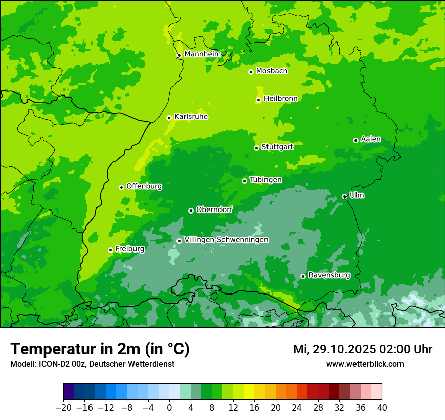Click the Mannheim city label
[x=202, y=54]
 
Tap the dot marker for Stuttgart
[x=257, y=148]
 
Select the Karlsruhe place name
[x=191, y=117]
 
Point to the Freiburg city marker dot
[x=110, y=250]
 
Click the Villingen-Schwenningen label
[x=226, y=240]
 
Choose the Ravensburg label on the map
[x=329, y=275]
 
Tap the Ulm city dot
[x=344, y=196]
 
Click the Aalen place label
[x=371, y=139]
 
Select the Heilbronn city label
[x=281, y=99]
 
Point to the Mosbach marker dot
[x=251, y=72]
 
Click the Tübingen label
[x=265, y=180]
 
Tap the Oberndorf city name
[x=214, y=209]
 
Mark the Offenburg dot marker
[x=121, y=187]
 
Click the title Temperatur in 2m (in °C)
[x=100, y=349]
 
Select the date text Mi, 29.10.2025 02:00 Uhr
[x=363, y=349]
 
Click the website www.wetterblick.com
[x=365, y=364]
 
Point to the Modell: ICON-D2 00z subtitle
[x=92, y=364]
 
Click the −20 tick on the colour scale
[x=63, y=408]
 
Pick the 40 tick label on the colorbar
[x=382, y=408]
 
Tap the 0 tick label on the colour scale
[x=169, y=408]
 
